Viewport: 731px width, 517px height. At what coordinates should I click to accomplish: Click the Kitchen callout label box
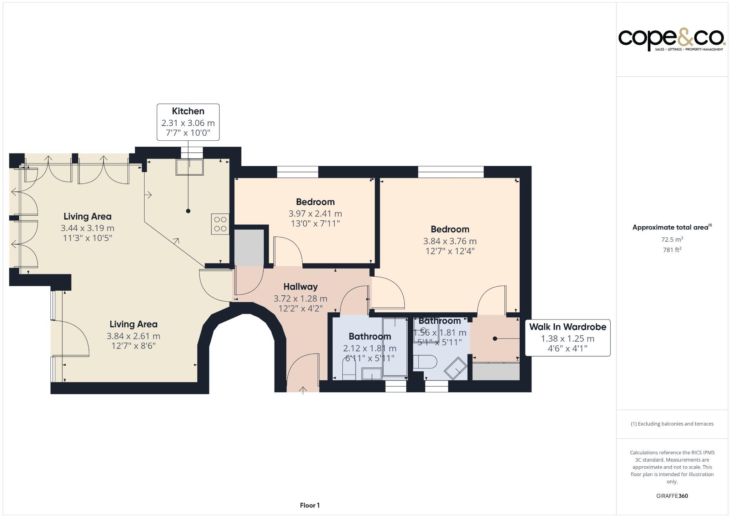click(188, 122)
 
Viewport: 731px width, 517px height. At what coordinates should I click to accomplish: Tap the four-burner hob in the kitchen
click(220, 224)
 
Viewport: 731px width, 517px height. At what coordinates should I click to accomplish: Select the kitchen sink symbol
click(190, 167)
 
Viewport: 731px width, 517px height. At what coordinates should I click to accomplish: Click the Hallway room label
click(301, 287)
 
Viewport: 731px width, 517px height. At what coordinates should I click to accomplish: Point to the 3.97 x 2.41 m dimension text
click(315, 214)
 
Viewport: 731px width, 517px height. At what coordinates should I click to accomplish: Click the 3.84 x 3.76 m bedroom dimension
click(450, 241)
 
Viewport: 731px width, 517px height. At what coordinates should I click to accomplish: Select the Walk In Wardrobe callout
click(568, 337)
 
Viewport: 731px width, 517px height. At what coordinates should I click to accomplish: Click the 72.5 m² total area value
click(672, 240)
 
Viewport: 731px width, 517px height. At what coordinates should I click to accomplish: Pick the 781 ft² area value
click(672, 250)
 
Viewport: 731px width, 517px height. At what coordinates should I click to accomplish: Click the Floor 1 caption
click(309, 505)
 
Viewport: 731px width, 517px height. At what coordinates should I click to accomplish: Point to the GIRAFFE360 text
click(672, 496)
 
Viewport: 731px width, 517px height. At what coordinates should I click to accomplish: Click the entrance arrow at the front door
click(303, 390)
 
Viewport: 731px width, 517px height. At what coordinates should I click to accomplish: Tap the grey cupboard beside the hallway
click(249, 247)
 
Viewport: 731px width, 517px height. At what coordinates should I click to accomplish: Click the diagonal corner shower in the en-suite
click(455, 368)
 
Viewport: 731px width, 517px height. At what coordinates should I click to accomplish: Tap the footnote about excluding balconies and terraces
click(672, 424)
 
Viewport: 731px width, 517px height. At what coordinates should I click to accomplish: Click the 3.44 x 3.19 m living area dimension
click(87, 228)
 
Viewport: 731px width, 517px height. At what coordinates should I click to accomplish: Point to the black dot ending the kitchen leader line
click(188, 211)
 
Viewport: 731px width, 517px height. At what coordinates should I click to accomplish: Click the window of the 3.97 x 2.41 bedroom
click(297, 172)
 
